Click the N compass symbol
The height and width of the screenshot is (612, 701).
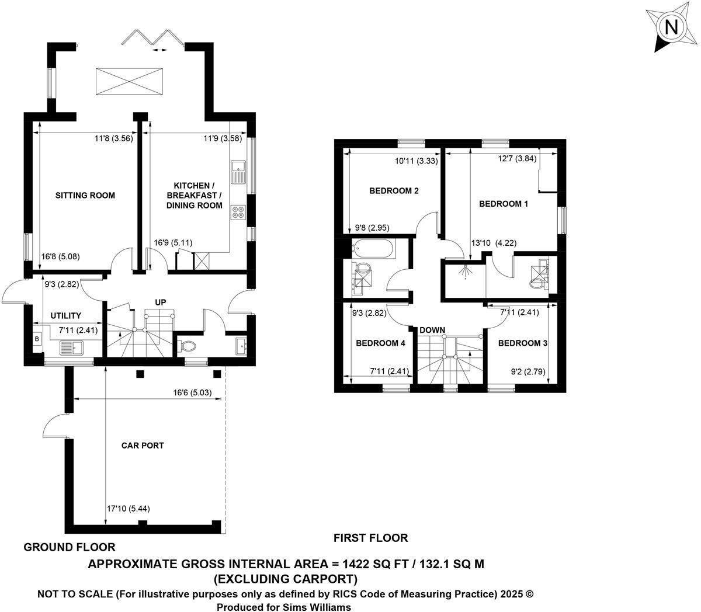click(672, 27)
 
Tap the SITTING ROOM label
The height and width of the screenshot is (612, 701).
click(85, 195)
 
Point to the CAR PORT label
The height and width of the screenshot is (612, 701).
click(143, 446)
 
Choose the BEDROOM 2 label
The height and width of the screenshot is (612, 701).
click(394, 191)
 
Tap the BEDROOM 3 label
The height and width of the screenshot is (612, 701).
click(522, 343)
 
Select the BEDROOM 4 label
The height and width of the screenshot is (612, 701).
click(380, 343)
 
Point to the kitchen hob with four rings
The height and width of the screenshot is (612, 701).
click(238, 213)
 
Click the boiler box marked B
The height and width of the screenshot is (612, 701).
click(37, 339)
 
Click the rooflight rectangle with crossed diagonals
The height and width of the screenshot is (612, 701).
click(129, 79)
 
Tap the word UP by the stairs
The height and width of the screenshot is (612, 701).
click(161, 302)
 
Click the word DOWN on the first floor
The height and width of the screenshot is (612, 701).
click(432, 330)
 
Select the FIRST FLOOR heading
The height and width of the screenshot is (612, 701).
click(370, 538)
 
